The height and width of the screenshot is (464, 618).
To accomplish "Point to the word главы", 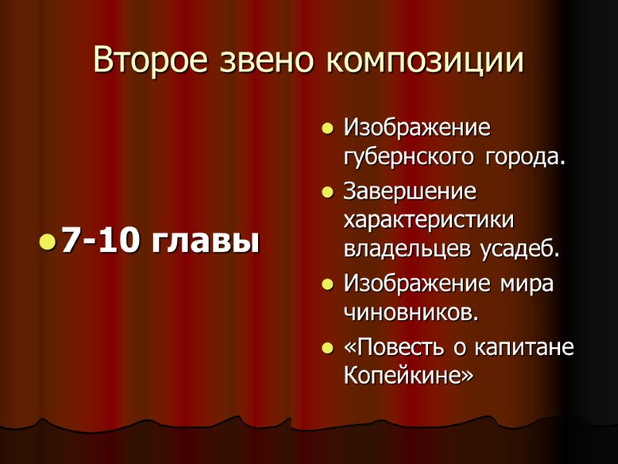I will point(205,242).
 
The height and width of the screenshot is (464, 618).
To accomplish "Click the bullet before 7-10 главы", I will point(47,244).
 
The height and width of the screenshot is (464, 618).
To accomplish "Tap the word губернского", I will point(410,157).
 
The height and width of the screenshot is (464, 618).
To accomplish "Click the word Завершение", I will point(410,189).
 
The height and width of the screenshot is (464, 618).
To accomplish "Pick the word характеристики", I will point(430,220).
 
